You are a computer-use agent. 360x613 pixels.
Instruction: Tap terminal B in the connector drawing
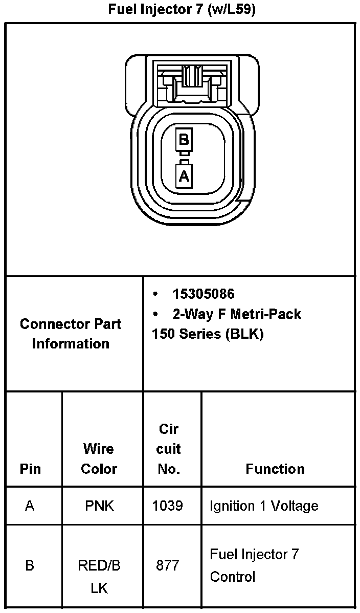[x=184, y=139]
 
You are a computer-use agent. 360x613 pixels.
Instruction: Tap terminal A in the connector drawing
[x=184, y=176]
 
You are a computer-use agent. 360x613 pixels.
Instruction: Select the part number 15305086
[x=203, y=294]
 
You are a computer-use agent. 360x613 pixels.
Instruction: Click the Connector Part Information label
[x=71, y=334]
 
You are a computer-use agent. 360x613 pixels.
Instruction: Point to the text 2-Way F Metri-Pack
[x=236, y=314]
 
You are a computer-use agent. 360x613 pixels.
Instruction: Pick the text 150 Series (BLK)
[x=208, y=334]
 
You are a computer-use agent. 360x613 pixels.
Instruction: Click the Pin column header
[x=31, y=469]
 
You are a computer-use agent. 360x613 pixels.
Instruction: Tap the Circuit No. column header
[x=168, y=449]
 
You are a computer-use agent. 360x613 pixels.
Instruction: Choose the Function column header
[x=275, y=469]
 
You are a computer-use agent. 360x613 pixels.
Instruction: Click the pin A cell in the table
[x=30, y=506]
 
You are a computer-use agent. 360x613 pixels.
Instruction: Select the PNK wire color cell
[x=99, y=506]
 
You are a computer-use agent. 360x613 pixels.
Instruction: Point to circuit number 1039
[x=168, y=506]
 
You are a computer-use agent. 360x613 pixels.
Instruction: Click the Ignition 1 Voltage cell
[x=264, y=506]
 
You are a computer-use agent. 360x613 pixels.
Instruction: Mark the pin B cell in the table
[x=30, y=566]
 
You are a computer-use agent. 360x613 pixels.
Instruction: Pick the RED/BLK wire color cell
[x=99, y=577]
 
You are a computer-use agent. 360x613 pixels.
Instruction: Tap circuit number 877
[x=168, y=566]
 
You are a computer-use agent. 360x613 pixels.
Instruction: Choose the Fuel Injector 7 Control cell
[x=254, y=565]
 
